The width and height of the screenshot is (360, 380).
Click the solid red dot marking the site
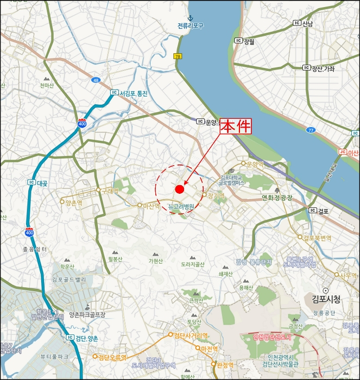click(179, 189)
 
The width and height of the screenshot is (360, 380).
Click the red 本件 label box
click(236, 128)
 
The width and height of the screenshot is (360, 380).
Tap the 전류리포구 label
click(190, 26)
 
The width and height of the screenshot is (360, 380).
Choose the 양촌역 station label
click(73, 202)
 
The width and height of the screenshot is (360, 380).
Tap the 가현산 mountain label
click(156, 261)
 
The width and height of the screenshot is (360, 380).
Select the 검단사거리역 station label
click(191, 335)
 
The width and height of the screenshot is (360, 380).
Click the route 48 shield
click(96, 80)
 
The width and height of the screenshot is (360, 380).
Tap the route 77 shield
click(310, 130)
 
